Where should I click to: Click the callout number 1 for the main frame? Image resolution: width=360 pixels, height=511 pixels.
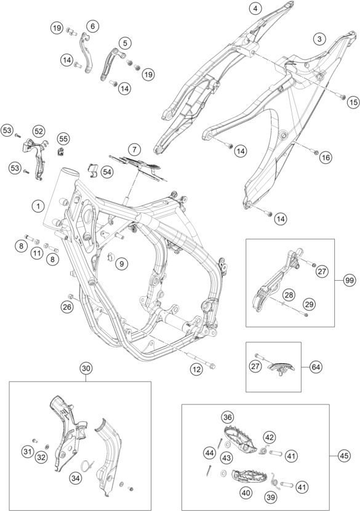pyautogui.click(x=38, y=206)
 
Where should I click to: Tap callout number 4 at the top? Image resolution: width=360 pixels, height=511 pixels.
pyautogui.click(x=255, y=9)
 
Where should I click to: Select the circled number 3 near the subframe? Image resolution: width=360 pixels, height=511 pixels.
pyautogui.click(x=319, y=39)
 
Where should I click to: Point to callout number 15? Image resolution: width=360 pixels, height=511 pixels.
pyautogui.click(x=353, y=102)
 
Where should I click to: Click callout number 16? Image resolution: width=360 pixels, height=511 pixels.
pyautogui.click(x=325, y=158)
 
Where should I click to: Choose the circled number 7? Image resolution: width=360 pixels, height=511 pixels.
pyautogui.click(x=134, y=150)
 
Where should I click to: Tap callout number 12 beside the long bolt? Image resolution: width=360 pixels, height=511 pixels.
pyautogui.click(x=197, y=369)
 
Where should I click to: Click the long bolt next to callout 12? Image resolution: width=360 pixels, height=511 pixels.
pyautogui.click(x=202, y=360)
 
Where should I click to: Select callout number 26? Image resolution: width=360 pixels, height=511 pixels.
pyautogui.click(x=67, y=307)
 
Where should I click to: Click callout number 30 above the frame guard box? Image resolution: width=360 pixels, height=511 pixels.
pyautogui.click(x=86, y=369)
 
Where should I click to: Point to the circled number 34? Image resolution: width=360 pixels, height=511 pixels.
pyautogui.click(x=76, y=478)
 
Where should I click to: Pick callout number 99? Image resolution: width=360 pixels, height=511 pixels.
pyautogui.click(x=350, y=281)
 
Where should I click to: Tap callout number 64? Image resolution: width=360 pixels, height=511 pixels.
pyautogui.click(x=316, y=367)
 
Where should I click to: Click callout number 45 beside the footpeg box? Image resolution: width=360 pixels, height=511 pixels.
pyautogui.click(x=344, y=456)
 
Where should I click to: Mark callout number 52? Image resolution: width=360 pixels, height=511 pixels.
pyautogui.click(x=39, y=131)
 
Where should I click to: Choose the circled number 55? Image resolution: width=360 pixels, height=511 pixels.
pyautogui.click(x=63, y=139)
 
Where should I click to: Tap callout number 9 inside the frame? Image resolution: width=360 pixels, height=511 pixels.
pyautogui.click(x=121, y=264)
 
